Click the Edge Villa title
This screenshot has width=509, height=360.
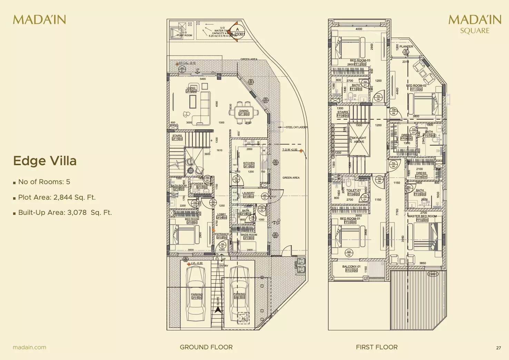pos(45,161)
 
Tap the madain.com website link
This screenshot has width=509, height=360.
pos(29,347)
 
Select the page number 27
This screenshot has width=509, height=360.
pos(498,348)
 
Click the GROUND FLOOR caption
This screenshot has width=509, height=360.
pos(206,347)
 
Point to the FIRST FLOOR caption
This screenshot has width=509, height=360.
pos(377,347)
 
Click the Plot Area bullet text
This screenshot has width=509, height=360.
pos(57,197)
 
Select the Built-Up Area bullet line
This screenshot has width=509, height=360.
pos(65,212)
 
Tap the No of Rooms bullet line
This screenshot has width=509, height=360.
pos(44,182)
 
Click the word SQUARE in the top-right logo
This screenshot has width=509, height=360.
pos(475,31)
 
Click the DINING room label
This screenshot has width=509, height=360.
pos(244,111)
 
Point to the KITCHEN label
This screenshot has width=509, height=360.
pos(249,163)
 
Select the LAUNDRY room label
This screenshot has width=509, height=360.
pos(248,193)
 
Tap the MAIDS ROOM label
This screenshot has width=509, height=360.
pos(249,235)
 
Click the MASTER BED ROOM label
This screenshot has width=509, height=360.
pos(422,216)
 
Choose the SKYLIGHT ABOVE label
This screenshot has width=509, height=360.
pos(359,140)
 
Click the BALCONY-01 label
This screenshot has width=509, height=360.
pos(351,267)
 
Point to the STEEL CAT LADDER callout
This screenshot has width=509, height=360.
pos(296,127)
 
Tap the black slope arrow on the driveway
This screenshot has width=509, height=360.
pos(218,309)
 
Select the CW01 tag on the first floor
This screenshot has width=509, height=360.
pos(432,274)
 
